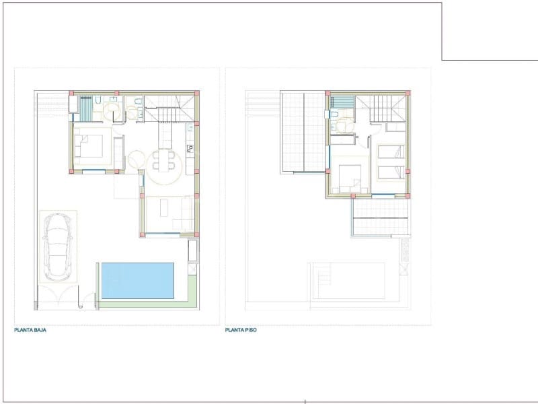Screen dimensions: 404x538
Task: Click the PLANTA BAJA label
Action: pyautogui.click(x=30, y=331)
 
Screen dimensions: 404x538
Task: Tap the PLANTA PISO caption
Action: pyautogui.click(x=241, y=331)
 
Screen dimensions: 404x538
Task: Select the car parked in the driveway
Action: pyautogui.click(x=57, y=246)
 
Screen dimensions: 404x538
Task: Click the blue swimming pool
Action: pyautogui.click(x=137, y=280)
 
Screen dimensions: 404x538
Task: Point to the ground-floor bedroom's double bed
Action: pyautogui.click(x=90, y=146)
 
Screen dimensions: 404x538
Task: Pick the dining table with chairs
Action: pyautogui.click(x=161, y=162)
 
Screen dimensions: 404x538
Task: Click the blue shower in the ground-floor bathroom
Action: pyautogui.click(x=87, y=107)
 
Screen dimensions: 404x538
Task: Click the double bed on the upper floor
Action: pyautogui.click(x=350, y=176)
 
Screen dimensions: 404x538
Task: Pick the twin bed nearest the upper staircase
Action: pyautogui.click(x=390, y=152)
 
